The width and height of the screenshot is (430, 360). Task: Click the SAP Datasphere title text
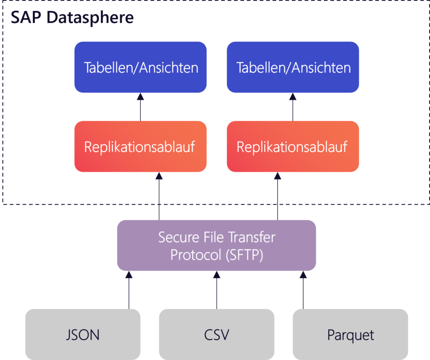pos(72,18)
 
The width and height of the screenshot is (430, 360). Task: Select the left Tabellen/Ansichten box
pos(141,67)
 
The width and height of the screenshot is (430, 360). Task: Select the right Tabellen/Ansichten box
pos(293,67)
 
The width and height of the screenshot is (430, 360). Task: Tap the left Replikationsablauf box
pos(141,147)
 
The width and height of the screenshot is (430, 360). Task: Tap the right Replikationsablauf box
pos(293,147)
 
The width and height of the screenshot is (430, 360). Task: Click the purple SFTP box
pos(216,245)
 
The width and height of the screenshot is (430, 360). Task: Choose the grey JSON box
pos(83,335)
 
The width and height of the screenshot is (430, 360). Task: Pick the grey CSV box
pos(217,335)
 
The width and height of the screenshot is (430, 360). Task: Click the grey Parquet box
pos(350,335)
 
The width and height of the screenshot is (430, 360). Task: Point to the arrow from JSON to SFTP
pos(129,291)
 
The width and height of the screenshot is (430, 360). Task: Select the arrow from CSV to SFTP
pos(217,291)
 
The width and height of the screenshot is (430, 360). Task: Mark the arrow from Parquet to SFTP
pos(303,291)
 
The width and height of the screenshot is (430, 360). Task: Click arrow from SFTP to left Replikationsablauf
pos(159,196)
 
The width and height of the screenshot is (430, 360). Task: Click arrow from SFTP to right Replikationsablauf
pos(277,196)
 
